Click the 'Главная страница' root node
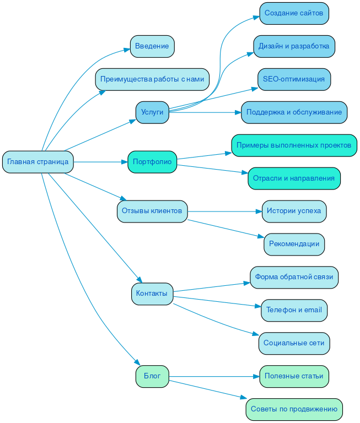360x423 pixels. pos(38,162)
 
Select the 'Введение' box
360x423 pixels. pos(152,46)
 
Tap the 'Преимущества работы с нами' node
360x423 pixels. pos(152,79)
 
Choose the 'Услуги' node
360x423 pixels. pos(152,112)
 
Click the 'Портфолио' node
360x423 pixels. pos(152,162)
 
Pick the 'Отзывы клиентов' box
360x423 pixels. pos(152,211)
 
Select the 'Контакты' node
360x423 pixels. pos(152,294)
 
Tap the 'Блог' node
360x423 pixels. pos(152,376)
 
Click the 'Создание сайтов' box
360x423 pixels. pos(294,13)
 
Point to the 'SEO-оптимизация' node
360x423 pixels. pos(294,79)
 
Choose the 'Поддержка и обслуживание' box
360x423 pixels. pos(294,112)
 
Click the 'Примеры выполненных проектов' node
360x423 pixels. pos(294,145)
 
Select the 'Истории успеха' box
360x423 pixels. pos(294,211)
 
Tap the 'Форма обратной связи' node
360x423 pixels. pos(294,277)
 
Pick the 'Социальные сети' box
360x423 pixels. pos(294,343)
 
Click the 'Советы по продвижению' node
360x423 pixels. pos(294,409)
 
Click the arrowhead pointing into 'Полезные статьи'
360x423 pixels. pos(256,377)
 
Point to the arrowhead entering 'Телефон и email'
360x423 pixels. pos(257,306)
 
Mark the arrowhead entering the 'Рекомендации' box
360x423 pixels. pos(261,237)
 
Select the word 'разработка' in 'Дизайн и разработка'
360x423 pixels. pos(311,46)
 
